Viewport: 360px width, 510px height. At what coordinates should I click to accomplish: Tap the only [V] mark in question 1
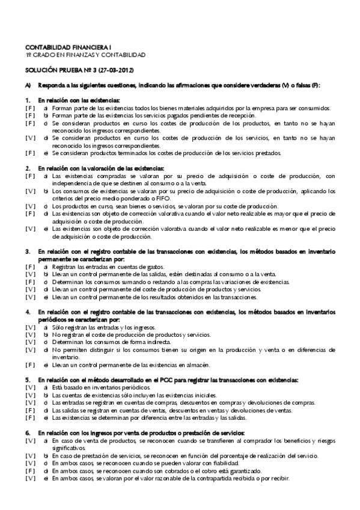29,137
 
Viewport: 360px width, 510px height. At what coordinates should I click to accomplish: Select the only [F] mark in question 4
29,364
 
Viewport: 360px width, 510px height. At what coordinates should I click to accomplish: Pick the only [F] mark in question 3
29,265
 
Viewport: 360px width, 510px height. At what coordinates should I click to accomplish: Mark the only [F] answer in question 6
29,471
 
